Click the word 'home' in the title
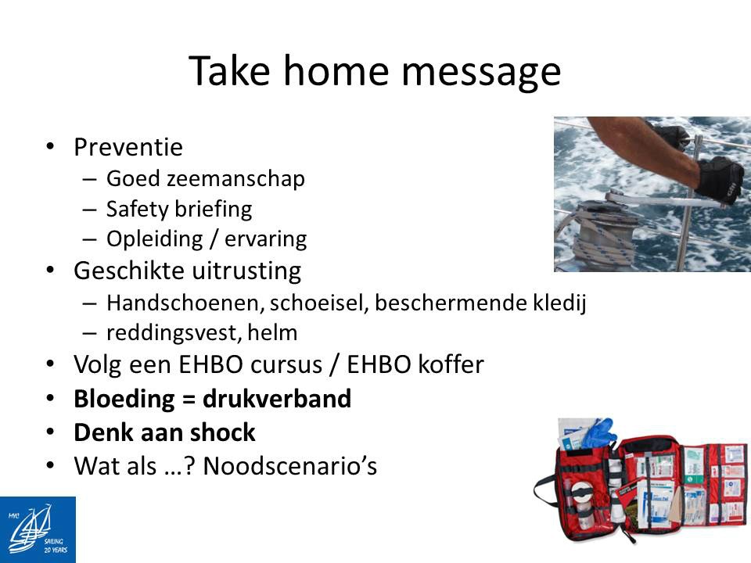click(336, 71)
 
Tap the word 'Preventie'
click(128, 146)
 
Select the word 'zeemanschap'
click(235, 179)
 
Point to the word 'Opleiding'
click(154, 239)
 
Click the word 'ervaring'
click(265, 239)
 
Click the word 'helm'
click(272, 332)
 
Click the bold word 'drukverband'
click(277, 398)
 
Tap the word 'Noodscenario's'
click(289, 466)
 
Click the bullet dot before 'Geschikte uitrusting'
click(50, 271)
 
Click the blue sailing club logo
click(38, 530)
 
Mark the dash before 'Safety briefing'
click(89, 210)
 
